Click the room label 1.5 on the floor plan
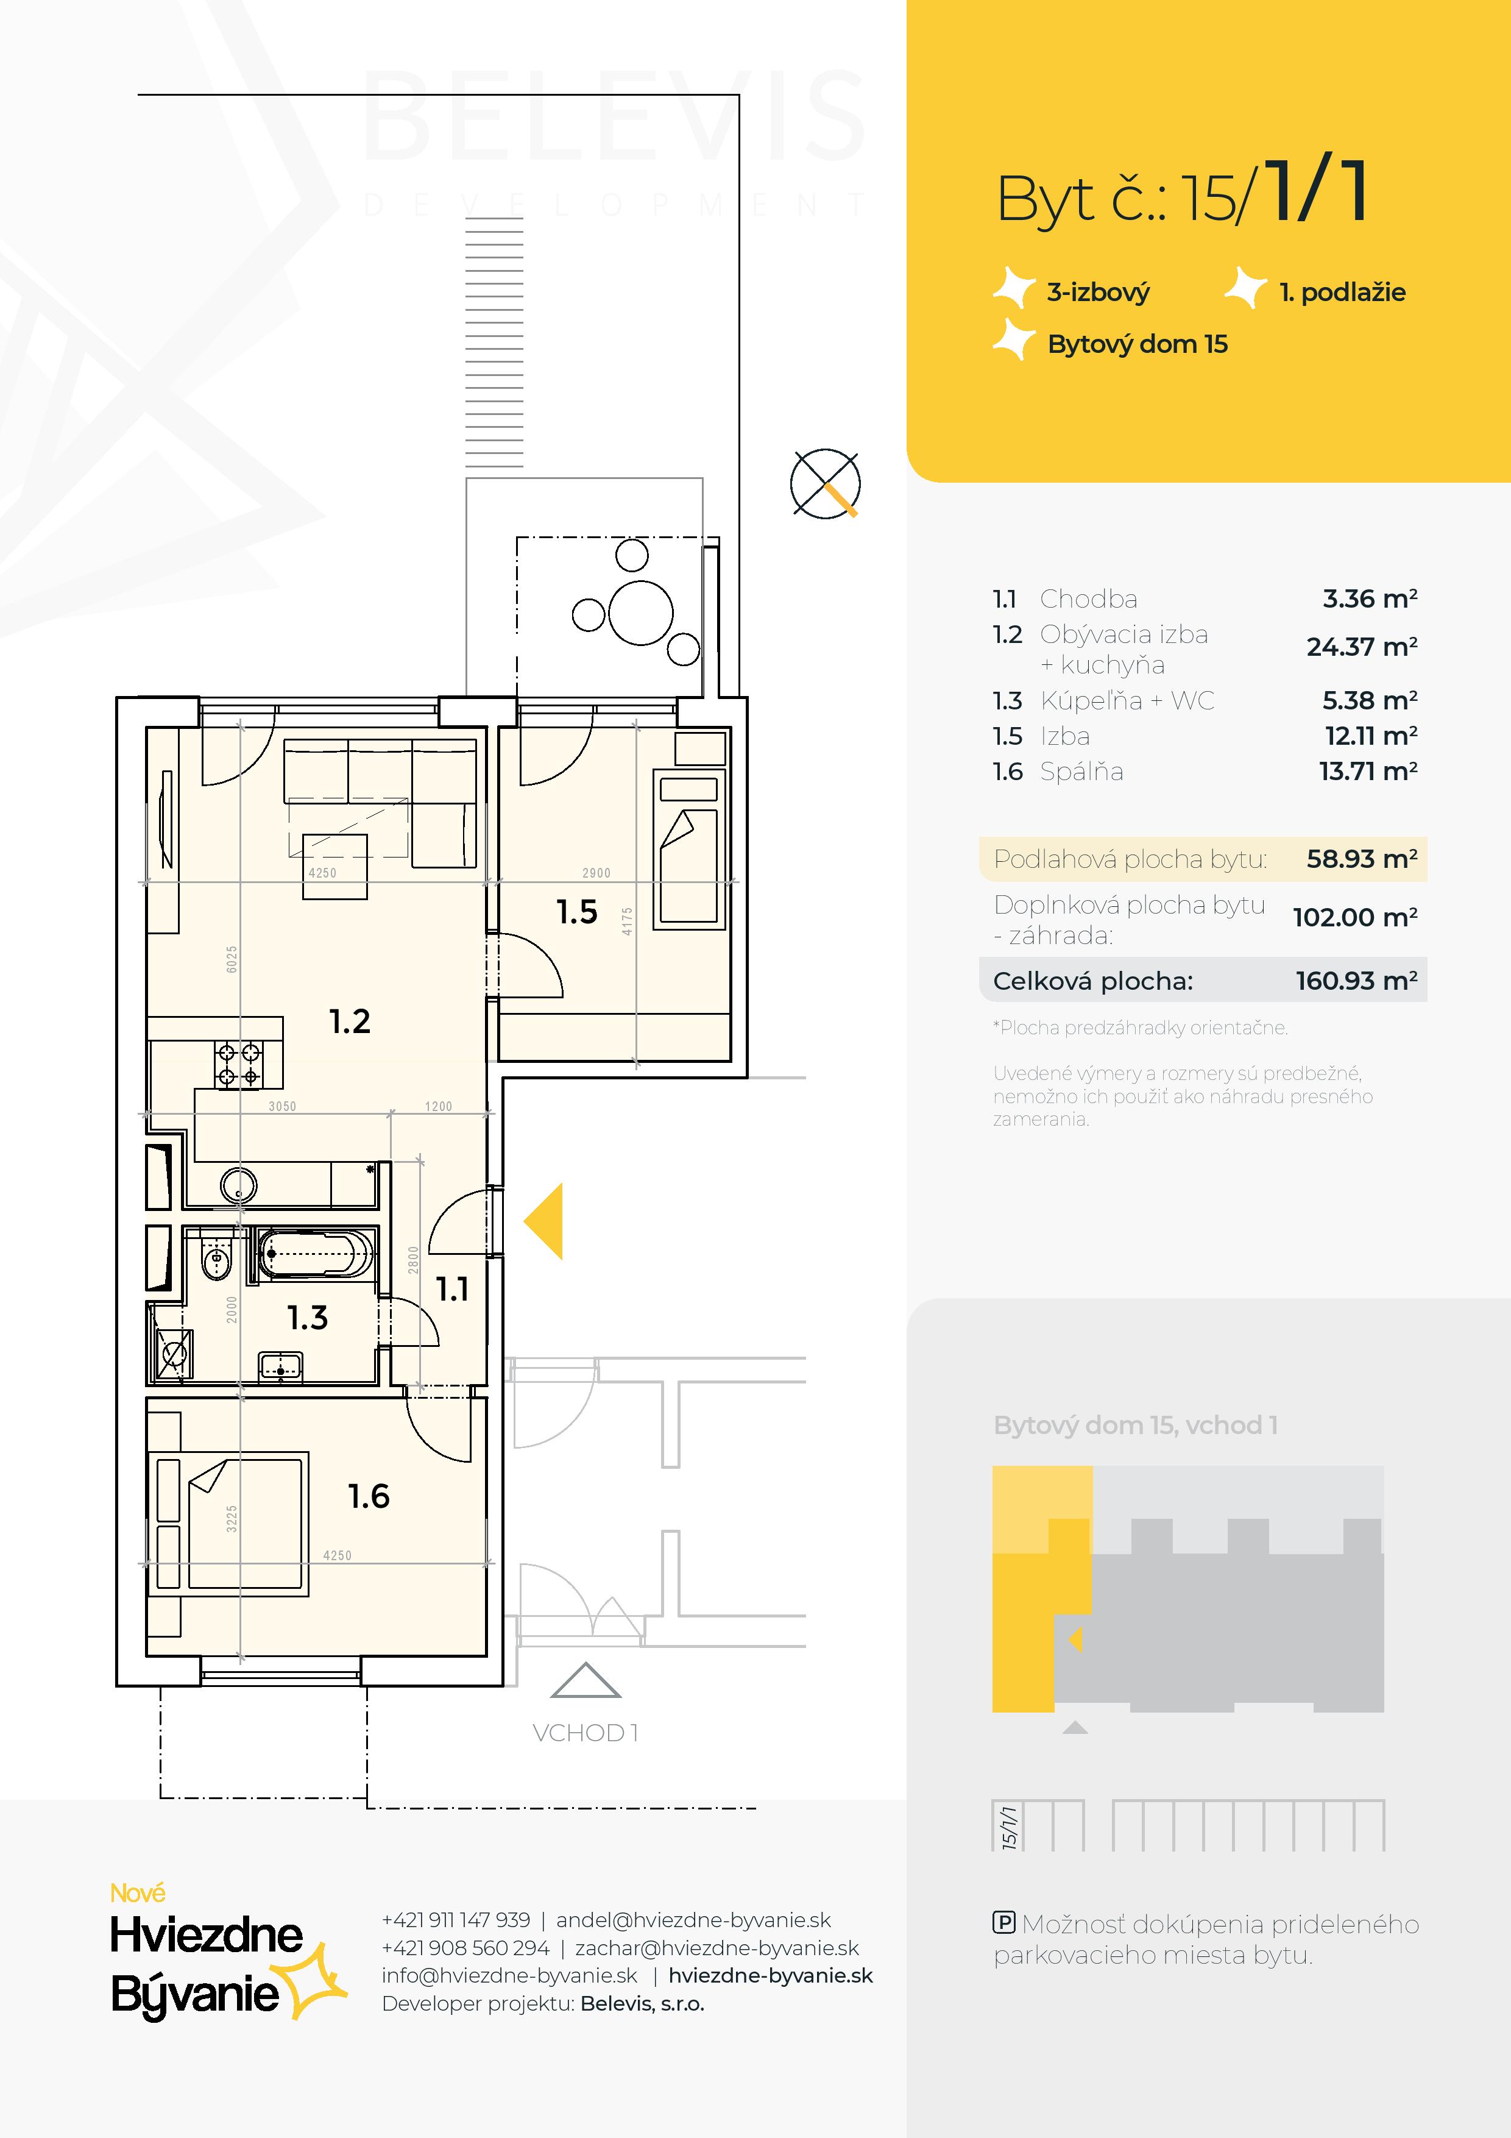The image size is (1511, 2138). tap(576, 912)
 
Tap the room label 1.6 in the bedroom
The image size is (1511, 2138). tap(369, 1496)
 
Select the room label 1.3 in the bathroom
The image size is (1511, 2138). tap(307, 1318)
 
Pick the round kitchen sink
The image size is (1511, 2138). tap(238, 1187)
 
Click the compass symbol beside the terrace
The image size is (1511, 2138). tap(825, 483)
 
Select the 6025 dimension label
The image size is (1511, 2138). tap(232, 959)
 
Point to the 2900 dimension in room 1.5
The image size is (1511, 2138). tap(596, 873)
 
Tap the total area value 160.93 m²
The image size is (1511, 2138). tap(1356, 981)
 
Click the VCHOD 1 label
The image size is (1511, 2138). tap(585, 1733)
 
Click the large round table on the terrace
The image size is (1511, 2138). tap(640, 613)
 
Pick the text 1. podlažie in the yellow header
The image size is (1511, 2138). tap(1342, 293)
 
